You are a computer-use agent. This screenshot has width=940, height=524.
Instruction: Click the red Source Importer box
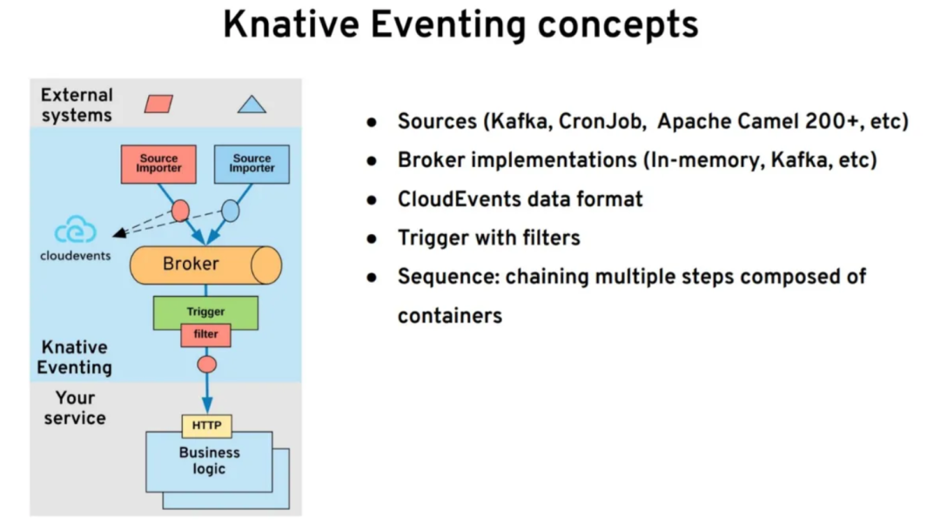point(158,164)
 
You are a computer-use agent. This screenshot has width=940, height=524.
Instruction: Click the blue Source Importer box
point(252,164)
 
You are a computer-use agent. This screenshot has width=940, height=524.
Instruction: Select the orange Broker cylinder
point(205,265)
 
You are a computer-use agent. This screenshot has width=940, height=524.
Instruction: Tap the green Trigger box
point(205,312)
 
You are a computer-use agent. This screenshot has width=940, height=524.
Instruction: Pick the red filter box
point(205,334)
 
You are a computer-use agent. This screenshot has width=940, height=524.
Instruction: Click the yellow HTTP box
point(206,426)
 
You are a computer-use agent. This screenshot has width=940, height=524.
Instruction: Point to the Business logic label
point(209,460)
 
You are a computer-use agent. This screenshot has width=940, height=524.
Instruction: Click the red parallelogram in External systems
point(158,104)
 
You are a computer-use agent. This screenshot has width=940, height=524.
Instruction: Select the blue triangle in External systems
point(252,105)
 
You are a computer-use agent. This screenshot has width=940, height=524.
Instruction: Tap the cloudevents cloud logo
point(75,231)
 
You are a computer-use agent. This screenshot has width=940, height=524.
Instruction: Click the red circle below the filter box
point(206,365)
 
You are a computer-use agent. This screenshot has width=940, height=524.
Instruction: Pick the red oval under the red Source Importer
point(180,211)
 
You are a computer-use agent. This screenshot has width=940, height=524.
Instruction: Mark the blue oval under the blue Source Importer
point(230,211)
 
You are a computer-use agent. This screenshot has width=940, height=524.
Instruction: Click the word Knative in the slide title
point(290,25)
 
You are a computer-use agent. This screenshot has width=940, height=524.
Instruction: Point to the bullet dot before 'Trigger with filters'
point(373,238)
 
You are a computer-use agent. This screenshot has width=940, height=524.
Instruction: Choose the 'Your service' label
point(75,407)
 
